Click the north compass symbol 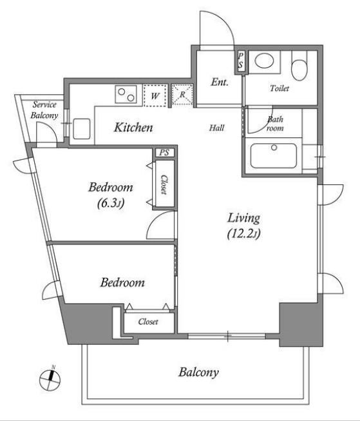(50, 380)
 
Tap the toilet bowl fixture (299, 66)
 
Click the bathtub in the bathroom (274, 156)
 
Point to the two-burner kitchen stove (126, 95)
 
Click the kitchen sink (82, 128)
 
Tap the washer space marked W (155, 96)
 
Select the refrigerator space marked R (182, 95)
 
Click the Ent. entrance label (220, 82)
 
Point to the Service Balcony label (44, 110)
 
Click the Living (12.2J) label (244, 226)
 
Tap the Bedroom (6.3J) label (111, 195)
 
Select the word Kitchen (133, 127)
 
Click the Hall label (217, 128)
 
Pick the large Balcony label (198, 373)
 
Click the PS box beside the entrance (240, 61)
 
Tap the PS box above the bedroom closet (164, 153)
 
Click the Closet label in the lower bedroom (148, 321)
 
